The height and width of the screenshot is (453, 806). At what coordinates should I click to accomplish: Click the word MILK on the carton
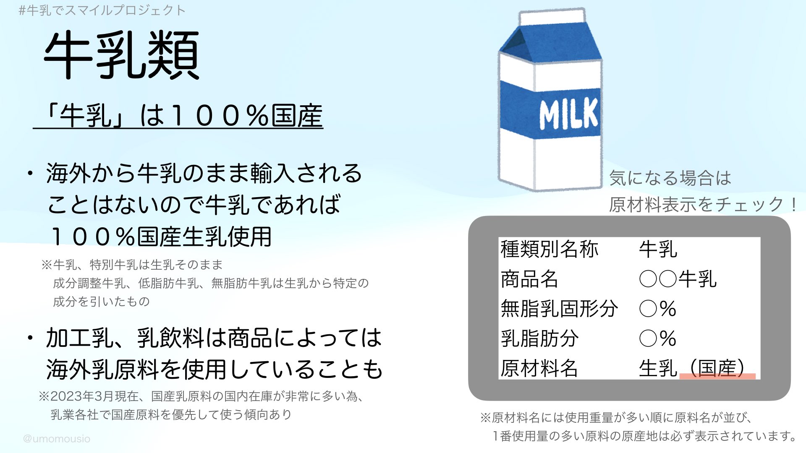pos(569,114)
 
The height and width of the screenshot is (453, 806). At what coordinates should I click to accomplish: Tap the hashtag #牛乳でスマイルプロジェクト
pos(102,10)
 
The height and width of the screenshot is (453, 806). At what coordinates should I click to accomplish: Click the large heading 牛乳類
pos(122,55)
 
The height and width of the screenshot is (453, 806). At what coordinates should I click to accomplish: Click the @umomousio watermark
pos(57,439)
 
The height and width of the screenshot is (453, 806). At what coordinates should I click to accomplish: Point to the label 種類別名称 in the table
pos(549,249)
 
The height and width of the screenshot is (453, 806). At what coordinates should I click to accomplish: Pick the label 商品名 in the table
pos(529,279)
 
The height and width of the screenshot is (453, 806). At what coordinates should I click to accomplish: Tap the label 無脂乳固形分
pos(559,309)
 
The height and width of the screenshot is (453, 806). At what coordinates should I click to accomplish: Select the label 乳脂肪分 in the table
pos(539,338)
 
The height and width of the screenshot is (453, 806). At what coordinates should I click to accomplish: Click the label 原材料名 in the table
pos(539,368)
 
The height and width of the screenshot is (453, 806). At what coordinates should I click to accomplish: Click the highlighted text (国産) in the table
pos(717,369)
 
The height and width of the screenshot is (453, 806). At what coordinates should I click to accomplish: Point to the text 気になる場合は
pos(670,178)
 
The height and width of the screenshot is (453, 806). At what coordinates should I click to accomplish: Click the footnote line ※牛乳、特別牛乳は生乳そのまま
pos(132,265)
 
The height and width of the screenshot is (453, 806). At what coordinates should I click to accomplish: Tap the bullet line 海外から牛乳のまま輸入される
pos(204,173)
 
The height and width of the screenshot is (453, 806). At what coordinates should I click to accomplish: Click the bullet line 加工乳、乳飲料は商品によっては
pos(214,338)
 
